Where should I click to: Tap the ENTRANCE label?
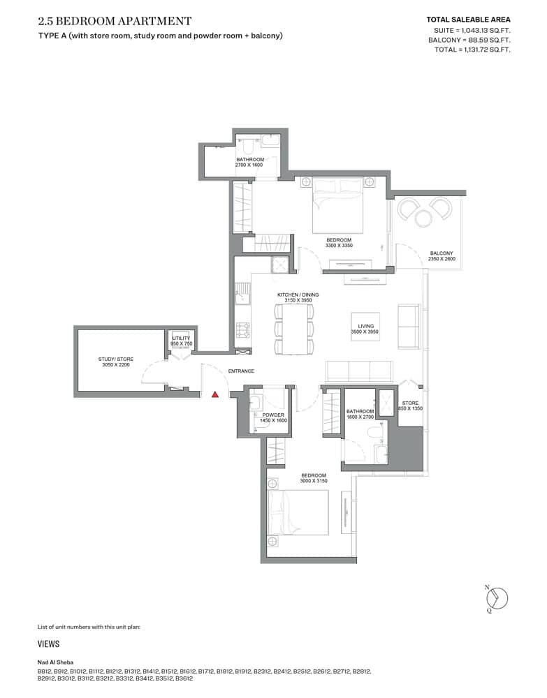coord(241,371)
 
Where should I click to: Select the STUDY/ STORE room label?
coord(116,359)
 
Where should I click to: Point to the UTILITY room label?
coord(181,339)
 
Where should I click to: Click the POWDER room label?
coord(273,415)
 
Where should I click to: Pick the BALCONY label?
coord(442,253)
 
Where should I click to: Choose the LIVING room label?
coord(366,326)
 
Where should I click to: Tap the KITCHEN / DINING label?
coord(298,295)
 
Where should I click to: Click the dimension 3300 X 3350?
coord(339,246)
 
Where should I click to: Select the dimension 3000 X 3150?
coord(314,480)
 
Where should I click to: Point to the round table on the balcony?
coord(424,218)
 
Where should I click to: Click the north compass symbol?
coord(497,598)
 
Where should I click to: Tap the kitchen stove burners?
coord(243,328)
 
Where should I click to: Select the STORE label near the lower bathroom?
coord(410,403)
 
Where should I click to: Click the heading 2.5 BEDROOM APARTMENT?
coord(115,22)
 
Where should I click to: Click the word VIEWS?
coord(48,644)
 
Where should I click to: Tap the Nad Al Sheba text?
coord(55,662)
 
